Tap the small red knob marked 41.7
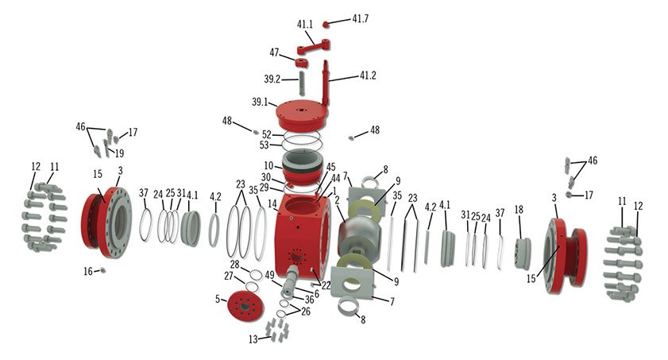(326, 25)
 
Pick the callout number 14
(272, 204)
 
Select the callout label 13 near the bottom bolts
(253, 339)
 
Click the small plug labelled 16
(102, 271)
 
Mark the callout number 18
(519, 209)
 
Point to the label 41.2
(368, 76)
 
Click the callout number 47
(275, 52)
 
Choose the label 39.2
(272, 79)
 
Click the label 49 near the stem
(269, 275)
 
